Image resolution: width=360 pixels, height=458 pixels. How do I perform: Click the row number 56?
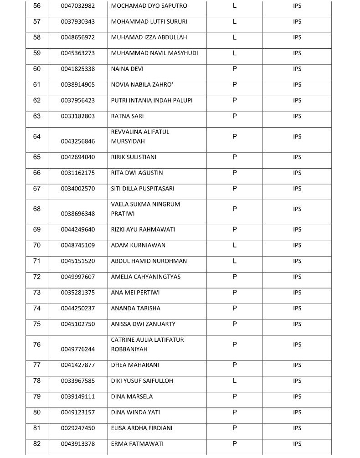[37, 6]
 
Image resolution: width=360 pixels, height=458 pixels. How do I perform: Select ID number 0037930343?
[78, 22]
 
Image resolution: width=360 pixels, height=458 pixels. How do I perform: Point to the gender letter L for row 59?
[235, 53]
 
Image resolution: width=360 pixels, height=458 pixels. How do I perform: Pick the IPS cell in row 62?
[297, 101]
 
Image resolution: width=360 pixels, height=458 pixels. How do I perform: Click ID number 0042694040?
[78, 157]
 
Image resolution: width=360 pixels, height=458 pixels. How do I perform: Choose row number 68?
[37, 209]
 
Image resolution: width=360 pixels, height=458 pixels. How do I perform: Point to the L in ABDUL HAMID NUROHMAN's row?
[235, 261]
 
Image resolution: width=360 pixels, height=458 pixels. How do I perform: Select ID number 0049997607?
[78, 277]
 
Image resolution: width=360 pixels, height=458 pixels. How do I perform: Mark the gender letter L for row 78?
[235, 381]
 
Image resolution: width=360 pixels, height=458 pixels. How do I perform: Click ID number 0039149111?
[78, 397]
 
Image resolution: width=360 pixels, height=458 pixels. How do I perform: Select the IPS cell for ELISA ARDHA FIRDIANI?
[297, 428]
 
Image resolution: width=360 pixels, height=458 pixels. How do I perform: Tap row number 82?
[37, 444]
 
